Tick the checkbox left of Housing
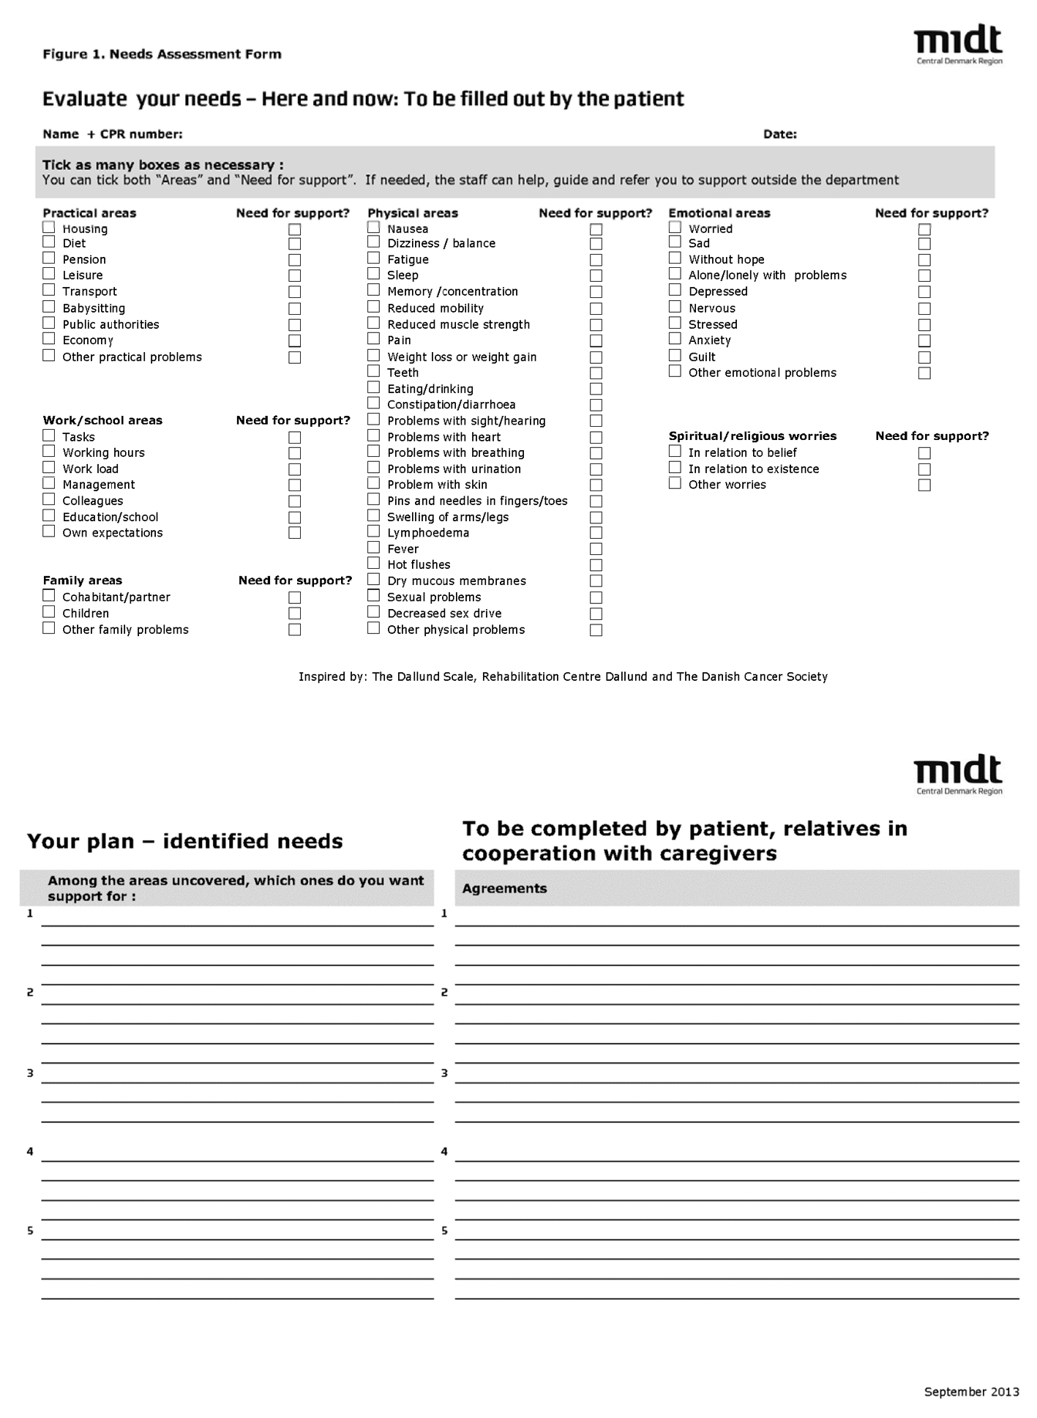pos(49,227)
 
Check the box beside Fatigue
pos(374,258)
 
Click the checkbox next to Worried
pos(675,227)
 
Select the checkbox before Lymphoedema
pos(374,531)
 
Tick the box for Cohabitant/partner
pos(49,596)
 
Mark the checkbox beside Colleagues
pos(49,499)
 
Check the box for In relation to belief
pos(675,452)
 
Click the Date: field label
pos(779,134)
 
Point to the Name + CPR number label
pos(113,134)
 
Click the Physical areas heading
pos(413,213)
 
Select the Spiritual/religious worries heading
pos(752,436)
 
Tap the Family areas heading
pos(83,581)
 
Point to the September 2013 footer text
pos(971,1392)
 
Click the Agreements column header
pos(505,889)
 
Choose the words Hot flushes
pos(419,564)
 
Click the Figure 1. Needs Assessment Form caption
pos(162,54)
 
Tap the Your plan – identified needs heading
pos(185,841)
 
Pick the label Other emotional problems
pos(762,373)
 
